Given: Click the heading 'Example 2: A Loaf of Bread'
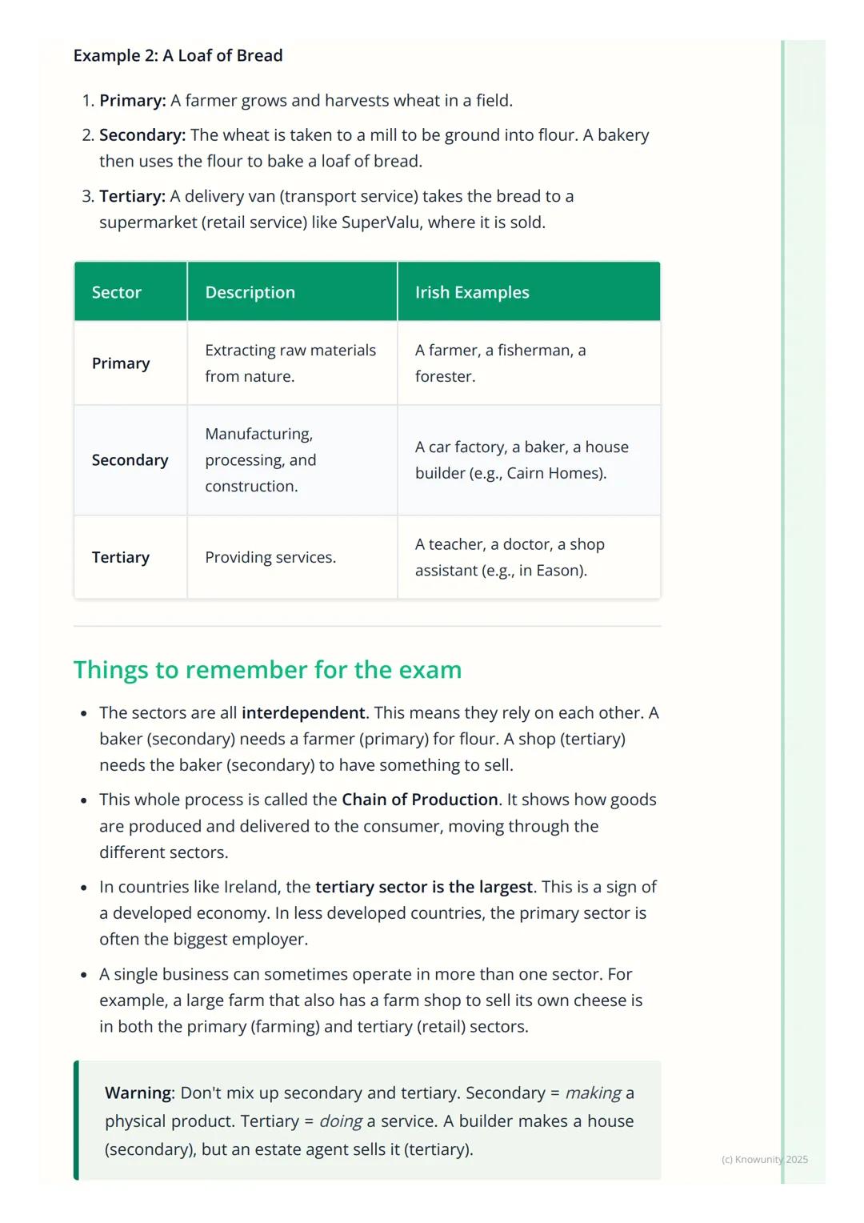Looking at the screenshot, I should [178, 55].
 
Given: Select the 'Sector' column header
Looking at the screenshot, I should [116, 292].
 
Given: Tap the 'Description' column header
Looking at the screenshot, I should [250, 292].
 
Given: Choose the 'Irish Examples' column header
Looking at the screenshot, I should [472, 292].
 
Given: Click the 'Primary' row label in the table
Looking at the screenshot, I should [121, 363].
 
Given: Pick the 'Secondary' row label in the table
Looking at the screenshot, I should [130, 460].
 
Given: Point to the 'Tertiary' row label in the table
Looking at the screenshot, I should [121, 557].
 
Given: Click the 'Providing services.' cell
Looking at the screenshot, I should [270, 557].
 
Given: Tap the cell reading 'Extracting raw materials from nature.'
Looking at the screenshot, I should [290, 363].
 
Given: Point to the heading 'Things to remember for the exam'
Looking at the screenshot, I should [267, 669].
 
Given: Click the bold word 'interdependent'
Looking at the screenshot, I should [303, 712].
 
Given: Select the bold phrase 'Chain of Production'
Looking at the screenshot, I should [420, 800].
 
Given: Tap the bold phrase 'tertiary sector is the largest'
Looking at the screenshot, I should [424, 887].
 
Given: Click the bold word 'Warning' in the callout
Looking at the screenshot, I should [138, 1093].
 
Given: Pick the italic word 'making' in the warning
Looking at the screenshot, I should [593, 1093].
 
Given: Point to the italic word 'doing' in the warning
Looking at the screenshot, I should [341, 1121].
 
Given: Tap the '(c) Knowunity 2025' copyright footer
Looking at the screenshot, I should [764, 1159].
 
